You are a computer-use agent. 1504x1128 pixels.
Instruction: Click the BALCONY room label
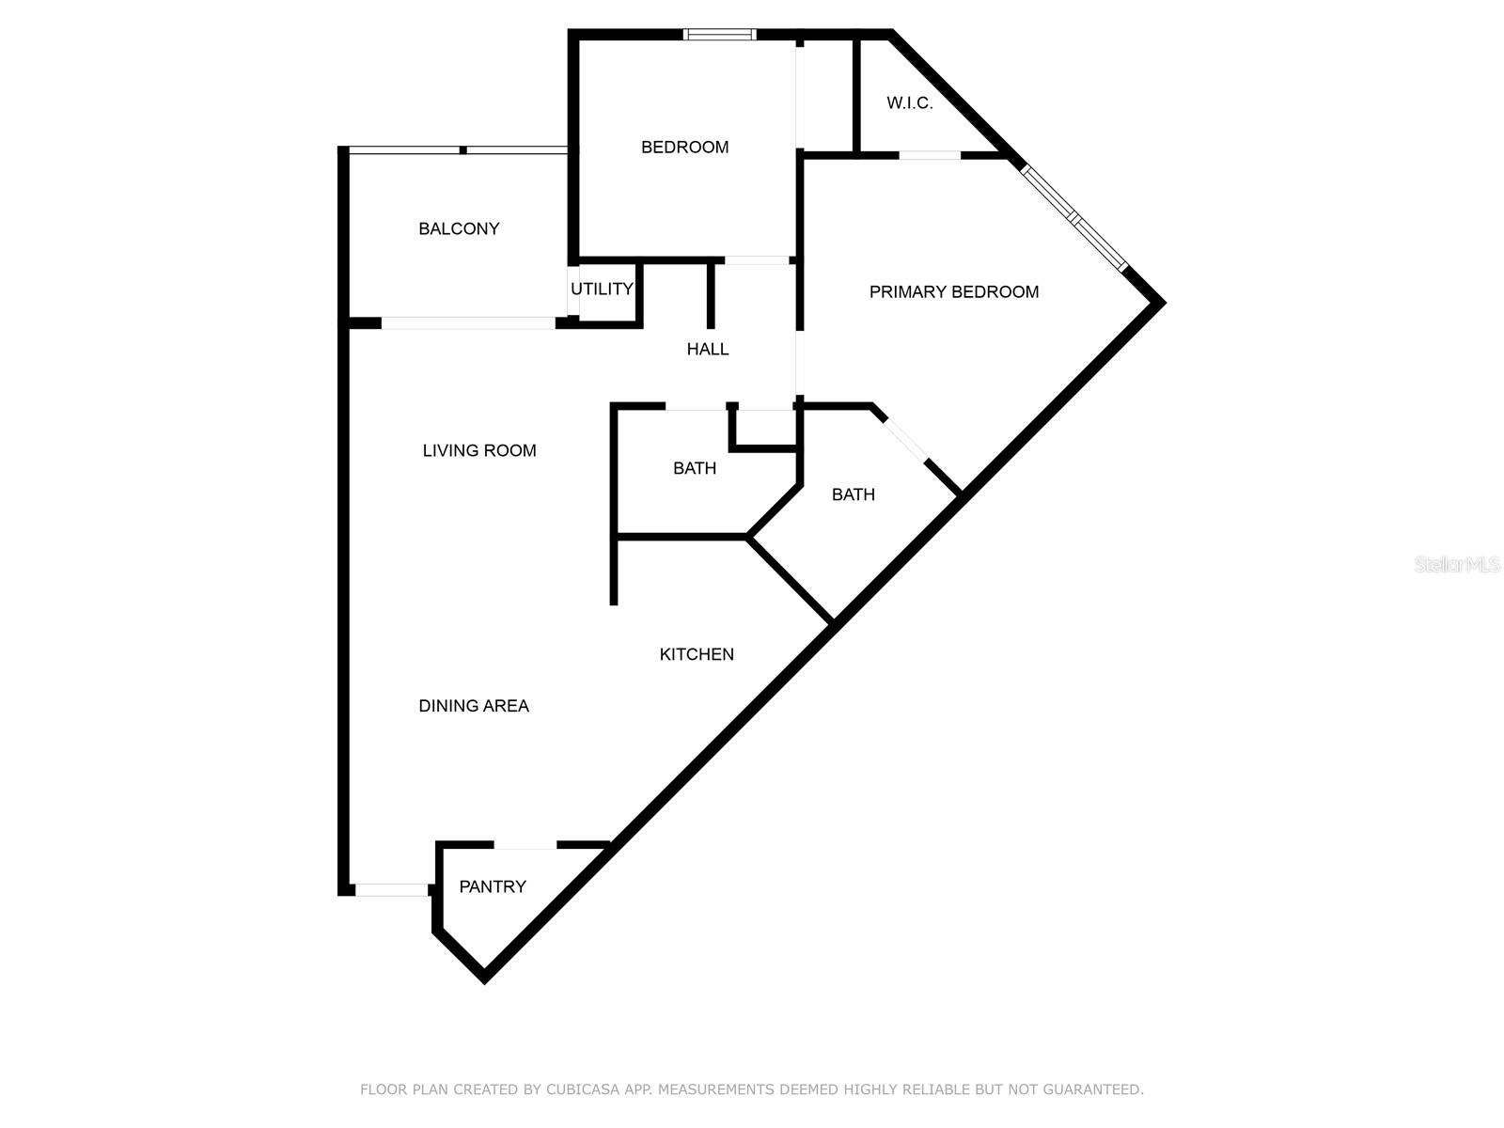pos(459,228)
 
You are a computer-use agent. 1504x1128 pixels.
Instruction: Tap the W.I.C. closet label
pos(909,103)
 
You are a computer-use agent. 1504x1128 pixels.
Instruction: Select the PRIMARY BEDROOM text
pos(954,292)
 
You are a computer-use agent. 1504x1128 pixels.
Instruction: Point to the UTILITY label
pos(602,289)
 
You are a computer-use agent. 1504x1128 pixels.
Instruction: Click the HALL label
pos(708,350)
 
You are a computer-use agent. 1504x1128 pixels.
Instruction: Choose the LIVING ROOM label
pos(479,450)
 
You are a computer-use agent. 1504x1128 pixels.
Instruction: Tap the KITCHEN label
pos(697,655)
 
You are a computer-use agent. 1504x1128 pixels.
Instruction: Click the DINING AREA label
pos(474,706)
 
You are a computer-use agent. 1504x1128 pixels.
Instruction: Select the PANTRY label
pos(493,887)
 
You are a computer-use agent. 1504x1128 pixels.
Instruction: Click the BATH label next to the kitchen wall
pos(695,468)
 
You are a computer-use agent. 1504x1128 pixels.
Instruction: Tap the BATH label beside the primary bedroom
pos(854,494)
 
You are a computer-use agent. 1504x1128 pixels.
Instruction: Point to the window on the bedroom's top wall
pos(719,34)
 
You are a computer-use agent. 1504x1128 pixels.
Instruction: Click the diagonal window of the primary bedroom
pos(1073,217)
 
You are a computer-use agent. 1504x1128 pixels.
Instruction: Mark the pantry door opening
pos(525,844)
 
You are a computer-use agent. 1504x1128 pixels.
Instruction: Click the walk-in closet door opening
pos(930,155)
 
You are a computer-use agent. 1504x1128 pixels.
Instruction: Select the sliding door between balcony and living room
pos(468,323)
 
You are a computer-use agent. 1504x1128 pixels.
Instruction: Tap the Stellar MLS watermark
pos(1456,565)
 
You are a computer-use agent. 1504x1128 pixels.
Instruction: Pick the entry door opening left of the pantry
pos(391,890)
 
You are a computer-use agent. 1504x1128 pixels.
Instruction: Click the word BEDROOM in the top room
pos(684,148)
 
